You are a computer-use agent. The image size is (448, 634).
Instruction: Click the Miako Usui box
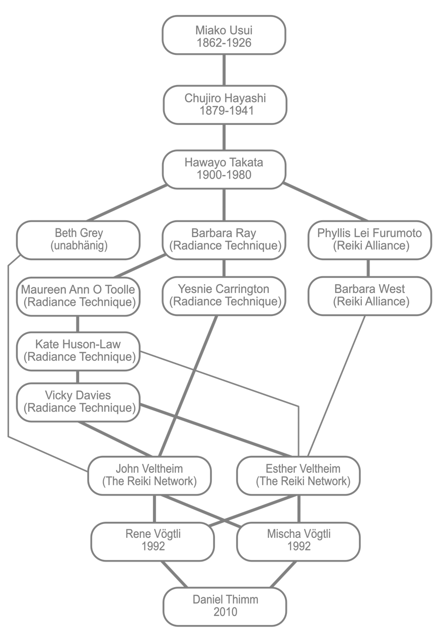(x=224, y=35)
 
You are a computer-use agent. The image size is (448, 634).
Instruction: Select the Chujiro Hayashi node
(x=224, y=105)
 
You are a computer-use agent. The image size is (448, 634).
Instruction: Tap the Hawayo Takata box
(x=224, y=169)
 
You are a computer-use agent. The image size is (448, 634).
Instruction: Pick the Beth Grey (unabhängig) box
(x=78, y=240)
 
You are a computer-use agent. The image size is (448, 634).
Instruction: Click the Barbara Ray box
(x=224, y=240)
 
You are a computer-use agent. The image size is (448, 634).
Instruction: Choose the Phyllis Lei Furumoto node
(x=369, y=240)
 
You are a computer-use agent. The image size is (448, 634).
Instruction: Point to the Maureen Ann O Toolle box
(x=78, y=296)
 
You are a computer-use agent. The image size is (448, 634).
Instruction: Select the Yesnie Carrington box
(x=224, y=296)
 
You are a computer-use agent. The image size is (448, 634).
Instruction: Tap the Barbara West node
(x=369, y=296)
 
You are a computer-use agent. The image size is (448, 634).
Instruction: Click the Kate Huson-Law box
(x=78, y=351)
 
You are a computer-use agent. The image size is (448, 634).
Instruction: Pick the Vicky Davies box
(x=78, y=402)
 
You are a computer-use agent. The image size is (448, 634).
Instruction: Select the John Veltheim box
(x=150, y=475)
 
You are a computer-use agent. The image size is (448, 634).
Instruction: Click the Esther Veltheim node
(x=299, y=475)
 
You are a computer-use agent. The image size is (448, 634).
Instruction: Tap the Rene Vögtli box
(x=153, y=540)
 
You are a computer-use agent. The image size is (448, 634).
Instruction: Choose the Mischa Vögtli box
(x=298, y=540)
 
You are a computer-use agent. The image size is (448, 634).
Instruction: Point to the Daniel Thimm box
(x=225, y=606)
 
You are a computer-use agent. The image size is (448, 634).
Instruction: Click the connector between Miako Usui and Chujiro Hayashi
(x=224, y=70)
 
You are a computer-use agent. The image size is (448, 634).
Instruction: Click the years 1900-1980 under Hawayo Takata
(x=224, y=176)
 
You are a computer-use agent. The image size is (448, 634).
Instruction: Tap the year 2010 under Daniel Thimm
(x=225, y=612)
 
